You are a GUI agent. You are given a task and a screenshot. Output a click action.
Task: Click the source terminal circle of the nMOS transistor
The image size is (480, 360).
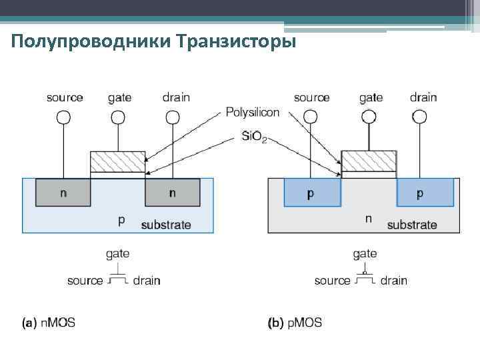[x=63, y=117]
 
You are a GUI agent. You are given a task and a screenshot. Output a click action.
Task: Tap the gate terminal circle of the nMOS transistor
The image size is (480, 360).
[x=118, y=117]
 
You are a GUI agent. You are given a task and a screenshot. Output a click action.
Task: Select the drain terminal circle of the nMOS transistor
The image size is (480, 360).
[x=173, y=117]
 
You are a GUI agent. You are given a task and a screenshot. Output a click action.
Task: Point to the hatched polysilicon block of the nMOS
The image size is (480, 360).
[x=118, y=161]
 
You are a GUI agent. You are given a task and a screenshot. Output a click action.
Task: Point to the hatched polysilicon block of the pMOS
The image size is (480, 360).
[x=369, y=160]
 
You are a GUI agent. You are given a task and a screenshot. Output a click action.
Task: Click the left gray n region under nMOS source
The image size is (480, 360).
[x=63, y=193]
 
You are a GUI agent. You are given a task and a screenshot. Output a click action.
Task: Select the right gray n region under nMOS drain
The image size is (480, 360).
[x=173, y=193]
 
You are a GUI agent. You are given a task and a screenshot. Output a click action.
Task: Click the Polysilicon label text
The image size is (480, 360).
[x=253, y=112]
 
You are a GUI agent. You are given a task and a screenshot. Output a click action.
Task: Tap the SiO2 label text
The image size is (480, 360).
[x=254, y=137]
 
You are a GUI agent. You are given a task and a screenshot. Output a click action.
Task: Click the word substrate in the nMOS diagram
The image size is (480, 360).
[x=166, y=225]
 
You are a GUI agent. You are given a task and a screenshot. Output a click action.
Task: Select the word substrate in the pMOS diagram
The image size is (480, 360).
[x=412, y=225]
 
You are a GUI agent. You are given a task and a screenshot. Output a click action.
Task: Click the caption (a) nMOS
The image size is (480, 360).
[x=49, y=323]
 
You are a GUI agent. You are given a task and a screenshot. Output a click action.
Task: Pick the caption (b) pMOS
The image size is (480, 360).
[x=295, y=323]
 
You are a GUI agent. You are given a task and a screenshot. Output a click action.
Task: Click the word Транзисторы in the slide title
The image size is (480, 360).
[x=237, y=43]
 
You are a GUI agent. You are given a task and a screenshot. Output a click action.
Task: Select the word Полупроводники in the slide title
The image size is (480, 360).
[x=93, y=43]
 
